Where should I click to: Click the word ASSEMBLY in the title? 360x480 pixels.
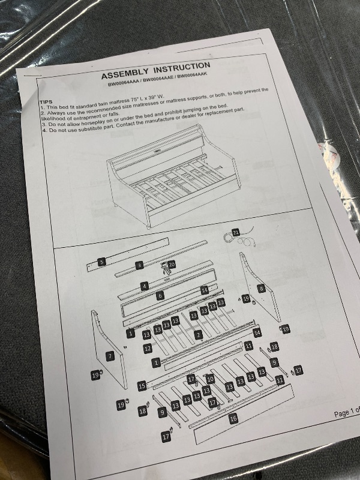125,73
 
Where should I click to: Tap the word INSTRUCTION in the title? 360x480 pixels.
182,67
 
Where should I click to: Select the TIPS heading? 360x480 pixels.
46,101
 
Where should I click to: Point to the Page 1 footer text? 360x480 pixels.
347,412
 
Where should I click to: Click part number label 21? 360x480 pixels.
235,232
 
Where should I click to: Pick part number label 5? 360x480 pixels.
101,262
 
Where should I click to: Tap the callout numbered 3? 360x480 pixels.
139,265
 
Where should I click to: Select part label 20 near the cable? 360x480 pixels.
172,265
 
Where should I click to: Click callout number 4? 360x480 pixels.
145,287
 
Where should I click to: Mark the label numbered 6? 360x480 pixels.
160,295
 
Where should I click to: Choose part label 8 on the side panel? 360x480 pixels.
261,288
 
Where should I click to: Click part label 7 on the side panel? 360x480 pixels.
110,356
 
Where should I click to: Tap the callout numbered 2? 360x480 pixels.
199,335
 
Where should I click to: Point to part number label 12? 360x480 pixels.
148,349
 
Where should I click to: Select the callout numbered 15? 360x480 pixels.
142,386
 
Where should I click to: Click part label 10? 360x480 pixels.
210,379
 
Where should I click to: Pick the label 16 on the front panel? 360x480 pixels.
233,418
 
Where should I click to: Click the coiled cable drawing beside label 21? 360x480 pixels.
242,237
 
